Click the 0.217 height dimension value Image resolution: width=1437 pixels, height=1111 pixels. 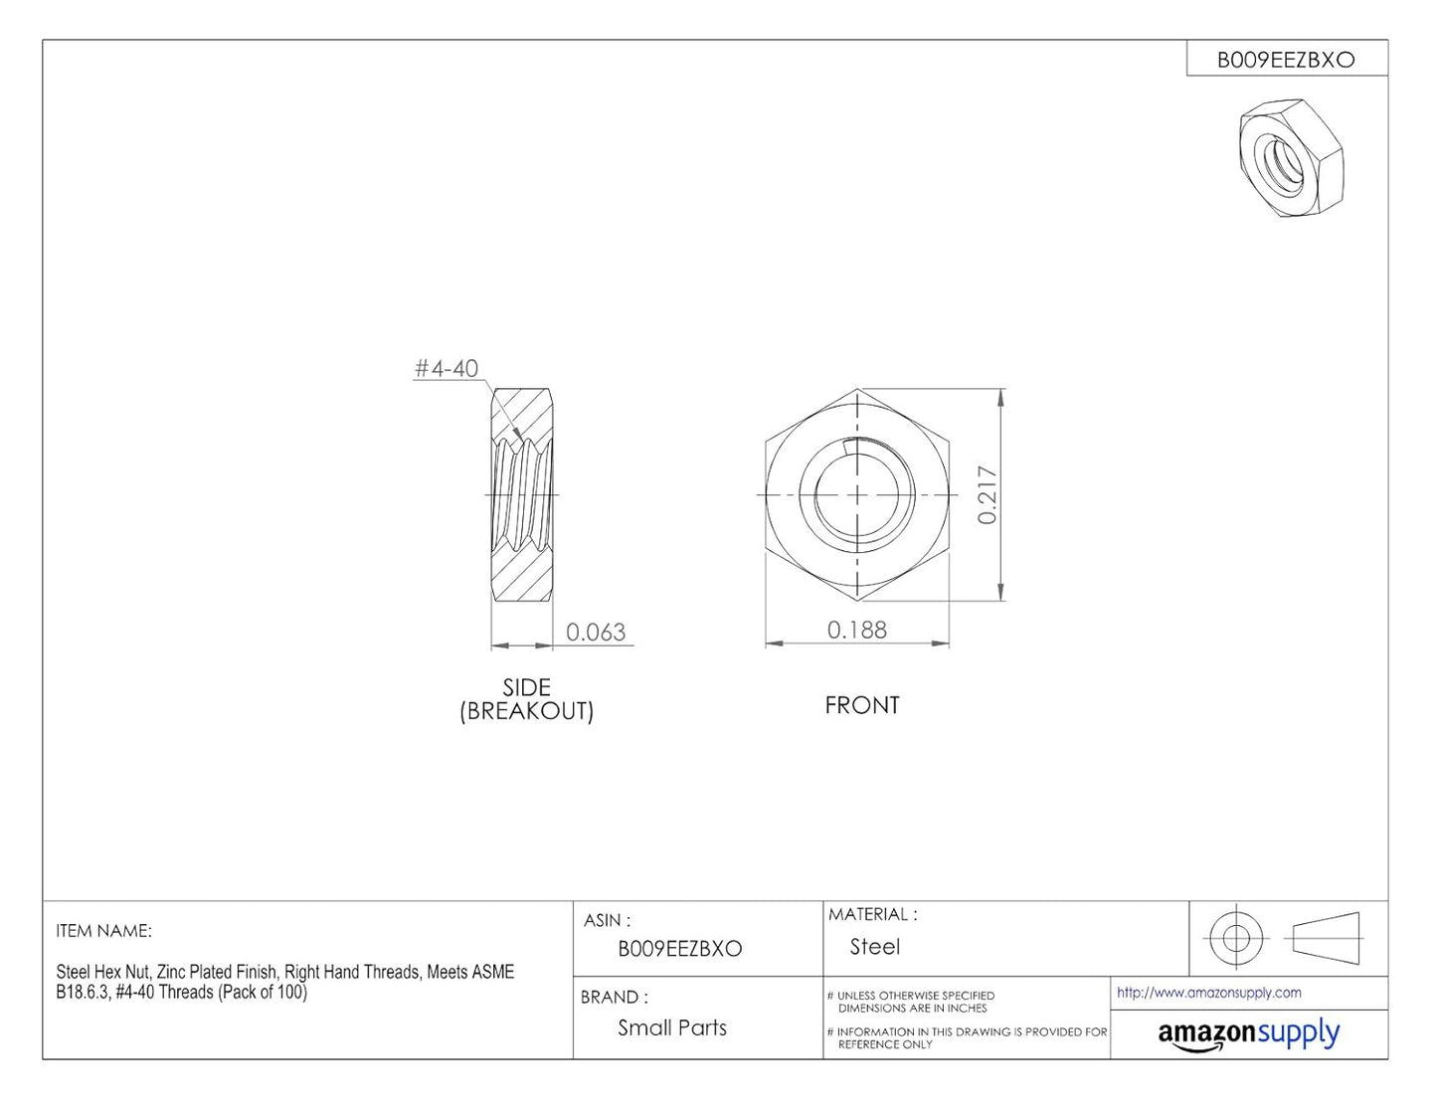tap(987, 494)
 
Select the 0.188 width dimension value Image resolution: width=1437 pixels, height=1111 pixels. tap(857, 630)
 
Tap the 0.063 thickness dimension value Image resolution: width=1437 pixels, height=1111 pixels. tap(596, 633)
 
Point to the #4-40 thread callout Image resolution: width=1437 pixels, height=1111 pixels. tap(447, 368)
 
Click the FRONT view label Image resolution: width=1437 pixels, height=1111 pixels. tap(862, 705)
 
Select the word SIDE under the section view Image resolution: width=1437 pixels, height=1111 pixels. tap(526, 687)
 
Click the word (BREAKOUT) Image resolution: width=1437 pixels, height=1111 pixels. tap(527, 711)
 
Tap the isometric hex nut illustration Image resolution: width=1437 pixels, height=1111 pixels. tap(1291, 158)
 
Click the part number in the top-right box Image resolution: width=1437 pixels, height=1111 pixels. tap(1286, 61)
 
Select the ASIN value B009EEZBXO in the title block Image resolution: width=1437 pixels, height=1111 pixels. tap(680, 949)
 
